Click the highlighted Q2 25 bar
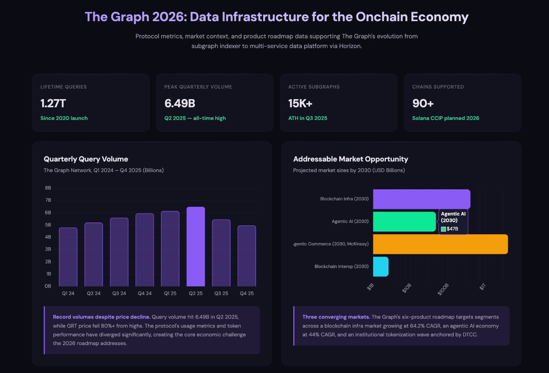(196, 246)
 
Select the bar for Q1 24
(68, 257)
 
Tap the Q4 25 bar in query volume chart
(247, 256)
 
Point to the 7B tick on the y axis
(48, 200)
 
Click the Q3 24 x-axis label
(119, 293)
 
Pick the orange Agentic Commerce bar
(440, 244)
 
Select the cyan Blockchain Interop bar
(381, 266)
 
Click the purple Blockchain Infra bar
(422, 199)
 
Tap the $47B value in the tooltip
(452, 229)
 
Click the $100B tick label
(443, 289)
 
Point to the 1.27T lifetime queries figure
(53, 103)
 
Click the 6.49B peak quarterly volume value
(180, 103)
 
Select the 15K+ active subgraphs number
(300, 103)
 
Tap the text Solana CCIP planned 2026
(445, 118)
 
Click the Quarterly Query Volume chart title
(86, 159)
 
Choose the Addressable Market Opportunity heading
(351, 159)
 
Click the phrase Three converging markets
(336, 317)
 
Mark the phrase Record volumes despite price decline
(102, 317)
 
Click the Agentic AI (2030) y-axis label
(350, 221)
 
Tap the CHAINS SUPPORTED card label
(438, 87)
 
